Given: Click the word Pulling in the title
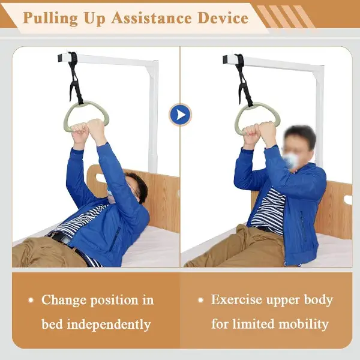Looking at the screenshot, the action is tap(50, 18).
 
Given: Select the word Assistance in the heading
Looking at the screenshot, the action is tap(152, 18).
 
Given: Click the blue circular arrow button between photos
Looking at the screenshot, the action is tap(181, 115).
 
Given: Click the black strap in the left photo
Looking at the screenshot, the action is tap(74, 78).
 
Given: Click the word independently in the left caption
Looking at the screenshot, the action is tap(109, 325).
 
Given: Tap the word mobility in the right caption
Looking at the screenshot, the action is tap(304, 325).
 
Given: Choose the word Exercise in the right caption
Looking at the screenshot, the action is tap(236, 299).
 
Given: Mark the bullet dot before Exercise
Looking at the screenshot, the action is tap(200, 300).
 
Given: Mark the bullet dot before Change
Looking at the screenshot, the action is tap(31, 300).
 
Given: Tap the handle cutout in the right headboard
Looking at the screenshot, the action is tap(348, 200).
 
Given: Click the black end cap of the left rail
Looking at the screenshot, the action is tap(61, 58).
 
